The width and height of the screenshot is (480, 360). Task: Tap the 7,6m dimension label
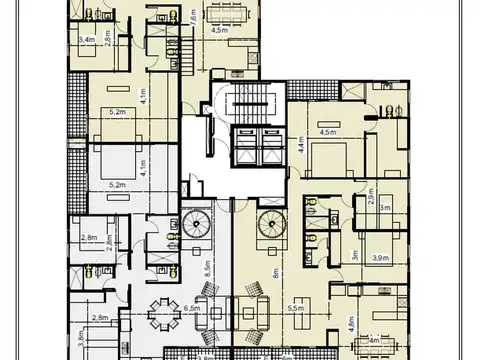(x=194, y=19)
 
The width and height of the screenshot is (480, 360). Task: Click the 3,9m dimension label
(x=380, y=258)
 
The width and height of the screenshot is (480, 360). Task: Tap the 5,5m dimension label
(x=295, y=309)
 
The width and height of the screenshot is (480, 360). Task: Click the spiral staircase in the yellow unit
(x=270, y=223)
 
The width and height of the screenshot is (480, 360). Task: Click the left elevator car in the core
(x=242, y=140)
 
